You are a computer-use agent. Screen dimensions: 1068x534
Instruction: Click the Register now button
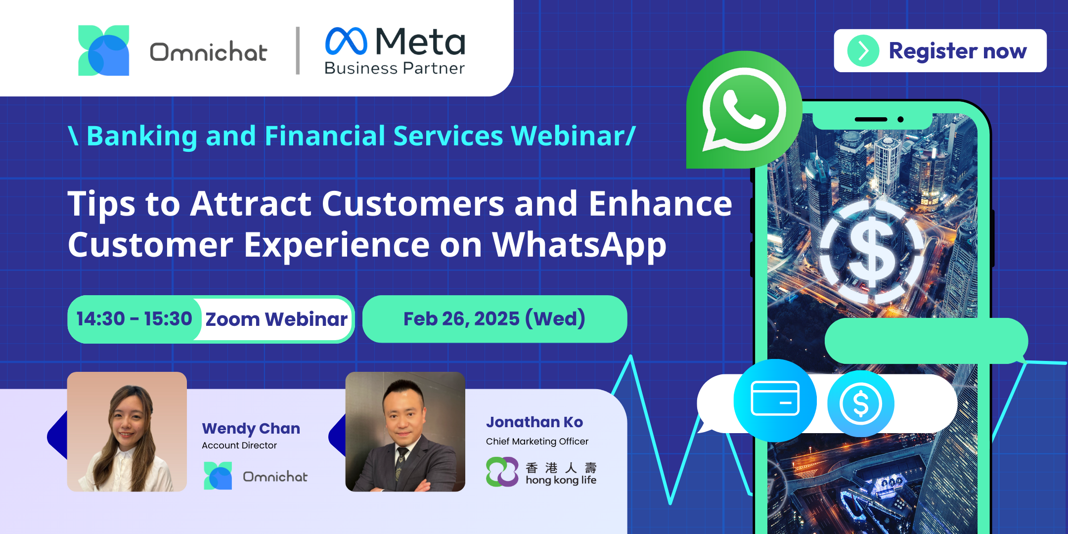(940, 50)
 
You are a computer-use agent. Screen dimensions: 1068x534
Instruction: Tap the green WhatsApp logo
(744, 110)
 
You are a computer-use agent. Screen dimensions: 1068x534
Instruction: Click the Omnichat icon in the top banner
(104, 50)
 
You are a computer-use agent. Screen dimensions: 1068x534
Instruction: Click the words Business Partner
(395, 68)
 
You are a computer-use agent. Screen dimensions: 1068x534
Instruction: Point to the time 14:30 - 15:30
(134, 319)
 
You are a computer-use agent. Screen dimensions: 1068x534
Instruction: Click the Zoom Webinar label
(276, 319)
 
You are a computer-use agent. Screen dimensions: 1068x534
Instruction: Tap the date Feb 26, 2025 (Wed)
(494, 319)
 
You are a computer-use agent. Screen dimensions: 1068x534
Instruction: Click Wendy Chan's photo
(127, 432)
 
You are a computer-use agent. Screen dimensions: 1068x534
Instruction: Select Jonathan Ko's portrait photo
(405, 432)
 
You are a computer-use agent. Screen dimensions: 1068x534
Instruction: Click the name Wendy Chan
(251, 428)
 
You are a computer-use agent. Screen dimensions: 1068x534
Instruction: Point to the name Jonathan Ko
(534, 422)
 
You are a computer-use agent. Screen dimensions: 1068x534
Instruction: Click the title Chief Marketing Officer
(537, 441)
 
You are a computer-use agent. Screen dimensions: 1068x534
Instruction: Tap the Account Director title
(239, 445)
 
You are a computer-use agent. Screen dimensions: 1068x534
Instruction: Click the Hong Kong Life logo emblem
(502, 472)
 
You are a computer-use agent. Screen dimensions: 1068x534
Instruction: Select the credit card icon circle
(775, 400)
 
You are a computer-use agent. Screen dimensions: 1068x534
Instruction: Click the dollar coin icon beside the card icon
(861, 403)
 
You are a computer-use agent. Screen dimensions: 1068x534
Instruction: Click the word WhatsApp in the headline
(579, 245)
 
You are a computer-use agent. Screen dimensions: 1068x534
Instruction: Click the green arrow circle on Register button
(863, 50)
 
